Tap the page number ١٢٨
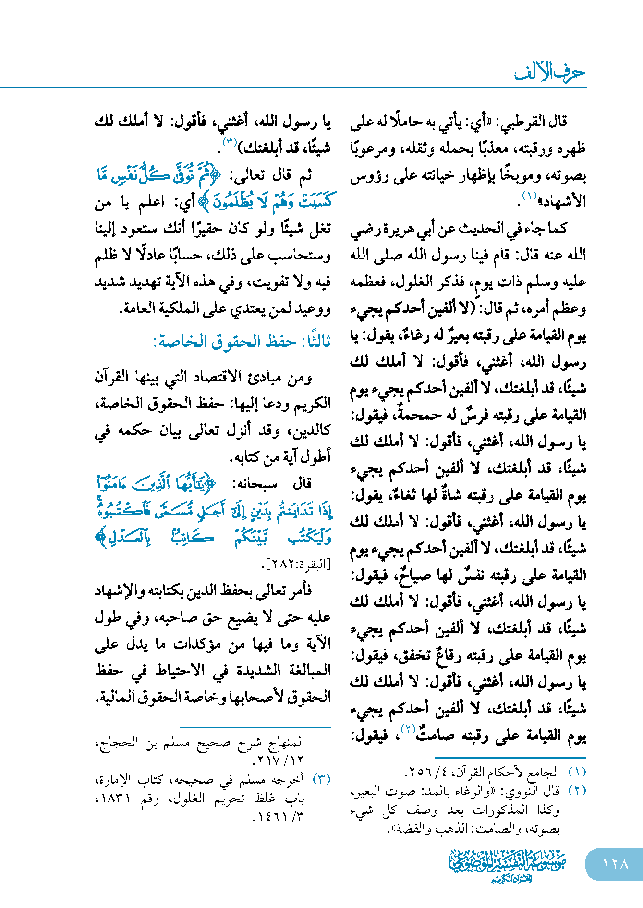tap(615, 864)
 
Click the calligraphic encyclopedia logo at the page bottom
tap(507, 865)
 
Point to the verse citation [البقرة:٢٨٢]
tap(296, 565)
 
